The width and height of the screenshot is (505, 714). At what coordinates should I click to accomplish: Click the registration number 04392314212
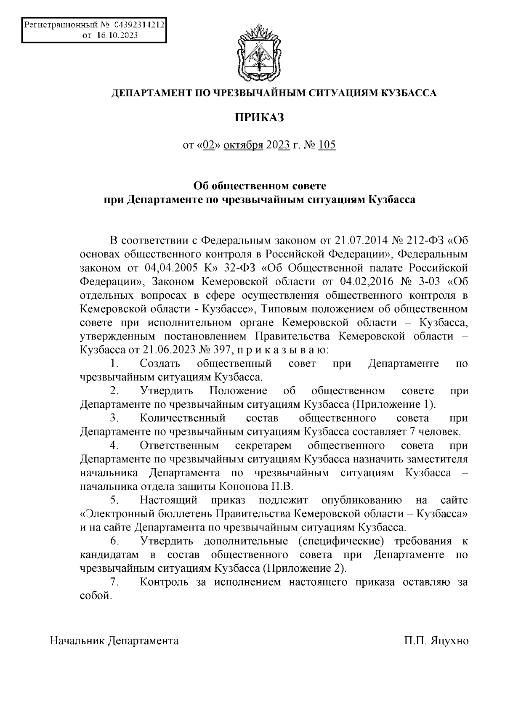point(138,25)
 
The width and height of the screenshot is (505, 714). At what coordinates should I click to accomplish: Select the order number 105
point(327,146)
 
